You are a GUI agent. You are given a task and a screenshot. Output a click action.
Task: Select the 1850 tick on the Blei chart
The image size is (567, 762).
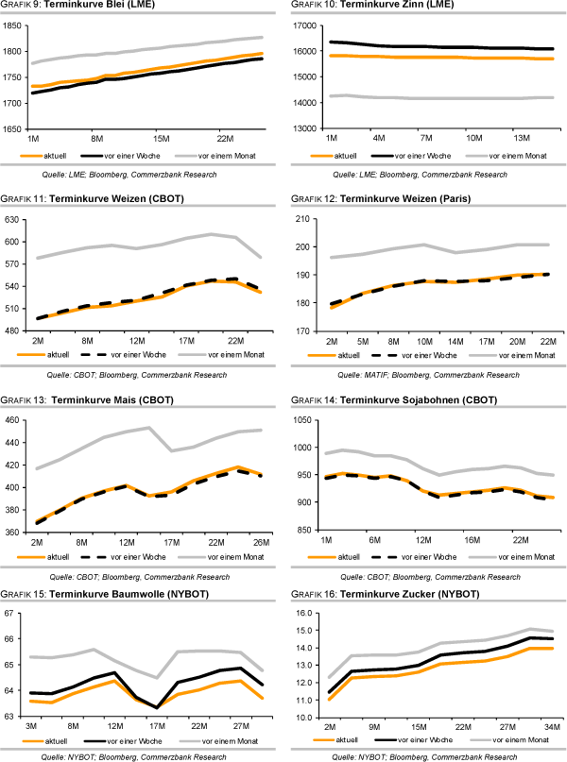coord(15,25)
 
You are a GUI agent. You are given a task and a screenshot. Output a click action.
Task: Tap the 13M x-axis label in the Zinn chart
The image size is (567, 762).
coord(522,137)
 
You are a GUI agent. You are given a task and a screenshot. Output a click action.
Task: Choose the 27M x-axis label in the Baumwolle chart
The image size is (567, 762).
coord(241,727)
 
